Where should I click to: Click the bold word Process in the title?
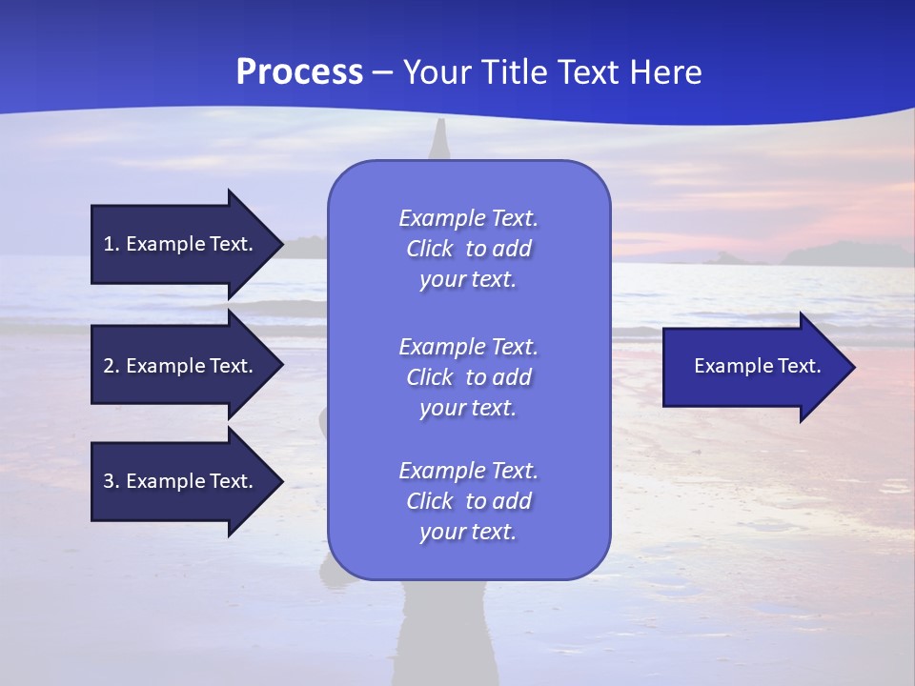click(299, 72)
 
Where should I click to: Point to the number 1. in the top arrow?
click(112, 244)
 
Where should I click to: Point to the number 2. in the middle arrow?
click(112, 366)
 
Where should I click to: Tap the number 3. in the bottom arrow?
click(112, 481)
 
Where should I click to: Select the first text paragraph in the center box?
click(468, 249)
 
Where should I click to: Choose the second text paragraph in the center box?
click(468, 377)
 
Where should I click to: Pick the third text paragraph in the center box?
click(468, 501)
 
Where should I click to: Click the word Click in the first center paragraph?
click(429, 249)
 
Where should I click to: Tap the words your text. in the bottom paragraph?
click(468, 532)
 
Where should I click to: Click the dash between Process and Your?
click(382, 72)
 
